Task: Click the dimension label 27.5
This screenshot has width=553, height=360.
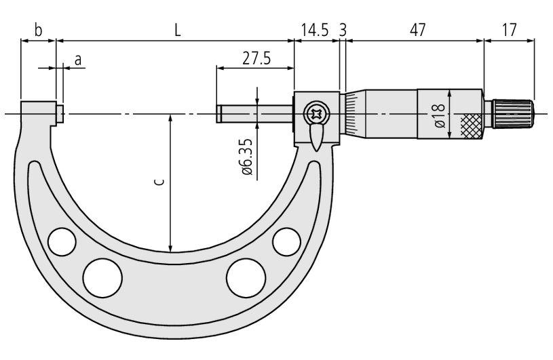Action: pyautogui.click(x=256, y=58)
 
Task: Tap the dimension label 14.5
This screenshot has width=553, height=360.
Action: pyautogui.click(x=315, y=31)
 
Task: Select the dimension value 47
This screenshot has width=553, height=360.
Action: pyautogui.click(x=417, y=31)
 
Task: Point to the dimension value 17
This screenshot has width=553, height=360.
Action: pyautogui.click(x=509, y=31)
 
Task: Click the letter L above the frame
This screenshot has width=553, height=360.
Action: pyautogui.click(x=178, y=31)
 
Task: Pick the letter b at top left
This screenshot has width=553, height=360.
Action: pyautogui.click(x=38, y=30)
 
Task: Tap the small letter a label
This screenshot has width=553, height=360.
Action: pyautogui.click(x=78, y=60)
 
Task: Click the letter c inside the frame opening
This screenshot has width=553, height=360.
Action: pyautogui.click(x=159, y=182)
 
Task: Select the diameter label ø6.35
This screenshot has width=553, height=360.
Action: pyautogui.click(x=247, y=157)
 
